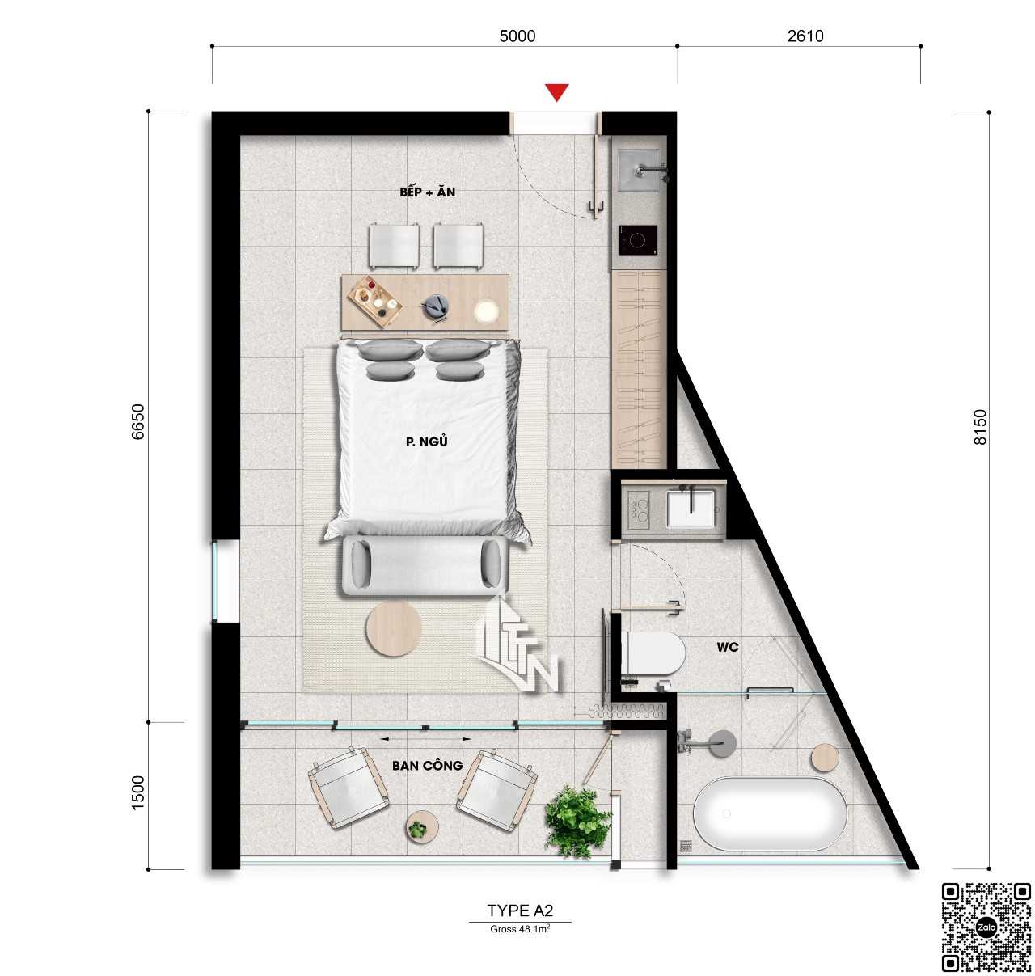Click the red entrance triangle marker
click(556, 91)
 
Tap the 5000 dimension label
click(517, 36)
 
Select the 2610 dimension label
click(805, 36)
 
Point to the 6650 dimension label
click(137, 421)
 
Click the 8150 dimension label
click(980, 427)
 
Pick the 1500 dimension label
click(137, 792)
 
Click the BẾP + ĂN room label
click(427, 192)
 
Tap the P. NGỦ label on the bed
click(426, 442)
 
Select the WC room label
click(728, 647)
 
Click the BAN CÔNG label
click(427, 766)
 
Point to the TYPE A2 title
click(520, 911)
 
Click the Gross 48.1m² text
click(520, 928)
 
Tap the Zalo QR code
click(986, 927)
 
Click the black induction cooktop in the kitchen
click(638, 240)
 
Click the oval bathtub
click(771, 813)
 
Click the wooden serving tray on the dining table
click(375, 302)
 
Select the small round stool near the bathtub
click(825, 757)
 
